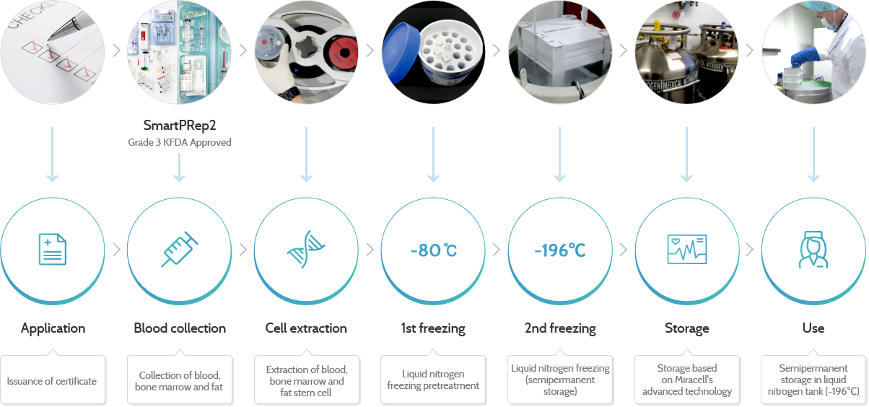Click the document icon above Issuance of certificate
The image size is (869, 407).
pos(52,250)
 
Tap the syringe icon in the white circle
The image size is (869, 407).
pos(179,250)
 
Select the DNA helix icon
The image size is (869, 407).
pos(306,250)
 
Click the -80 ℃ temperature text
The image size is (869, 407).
pos(433,250)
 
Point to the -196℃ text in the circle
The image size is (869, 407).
pos(560,250)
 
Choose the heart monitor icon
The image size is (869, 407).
pos(687,250)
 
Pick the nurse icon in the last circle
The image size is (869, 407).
pos(814,250)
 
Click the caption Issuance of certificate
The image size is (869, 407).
pos(52,381)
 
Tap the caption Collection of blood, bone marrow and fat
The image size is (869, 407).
pos(179,381)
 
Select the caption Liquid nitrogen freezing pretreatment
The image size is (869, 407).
pos(433,380)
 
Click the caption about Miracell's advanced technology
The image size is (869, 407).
pos(687,380)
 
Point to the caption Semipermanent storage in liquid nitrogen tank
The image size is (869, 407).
pos(814,380)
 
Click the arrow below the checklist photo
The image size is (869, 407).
pos(52,154)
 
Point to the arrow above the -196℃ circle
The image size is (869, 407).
pos(560,154)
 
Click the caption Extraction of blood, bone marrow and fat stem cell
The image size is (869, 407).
pos(306,381)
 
